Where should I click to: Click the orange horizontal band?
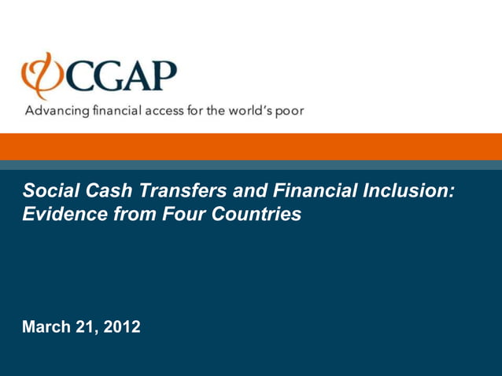coord(251,146)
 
